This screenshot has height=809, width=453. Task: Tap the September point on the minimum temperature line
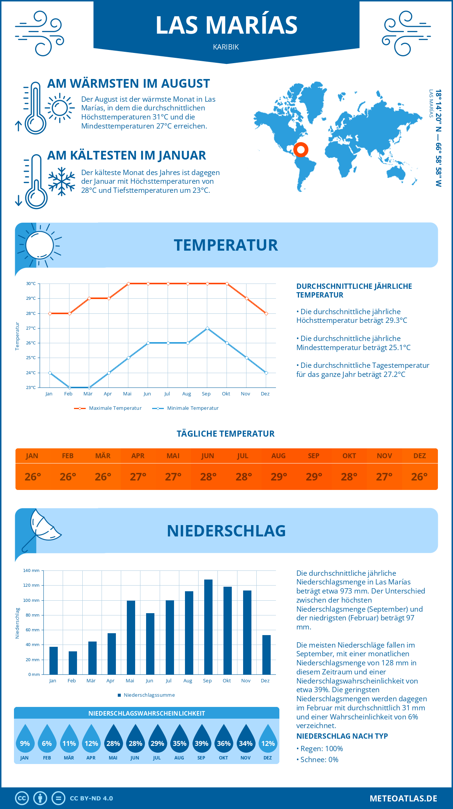click(x=207, y=328)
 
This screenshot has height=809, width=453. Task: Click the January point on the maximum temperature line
click(x=50, y=313)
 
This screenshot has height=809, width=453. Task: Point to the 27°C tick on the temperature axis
click(x=31, y=328)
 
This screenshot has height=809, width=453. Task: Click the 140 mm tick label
click(x=31, y=570)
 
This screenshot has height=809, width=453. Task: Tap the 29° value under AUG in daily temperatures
click(x=279, y=477)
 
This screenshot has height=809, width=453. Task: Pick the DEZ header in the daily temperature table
click(x=419, y=456)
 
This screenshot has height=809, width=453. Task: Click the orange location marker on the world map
click(x=301, y=150)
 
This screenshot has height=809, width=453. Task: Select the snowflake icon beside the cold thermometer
click(x=62, y=181)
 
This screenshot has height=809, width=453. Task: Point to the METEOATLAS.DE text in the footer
click(x=403, y=798)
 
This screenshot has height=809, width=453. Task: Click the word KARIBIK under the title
click(x=226, y=47)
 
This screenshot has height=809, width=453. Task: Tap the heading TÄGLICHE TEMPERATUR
click(x=226, y=434)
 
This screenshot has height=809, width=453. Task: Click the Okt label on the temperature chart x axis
click(x=226, y=394)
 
